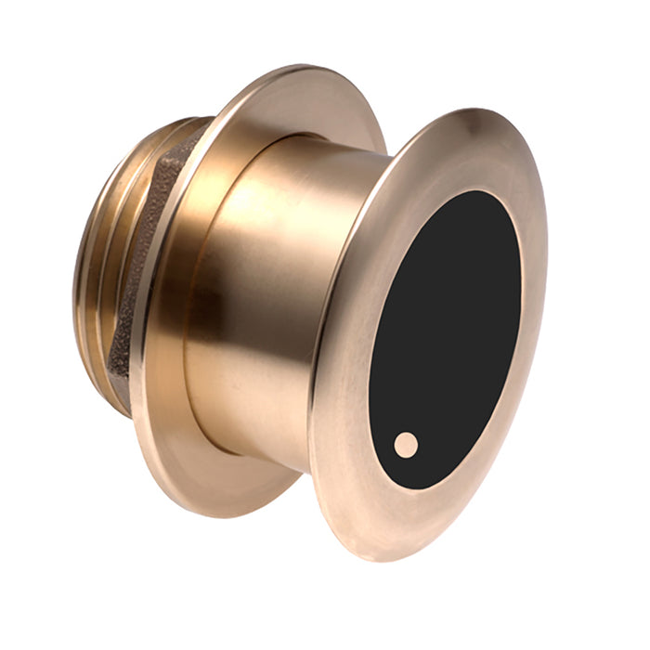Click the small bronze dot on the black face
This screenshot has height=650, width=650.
click(x=406, y=445)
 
